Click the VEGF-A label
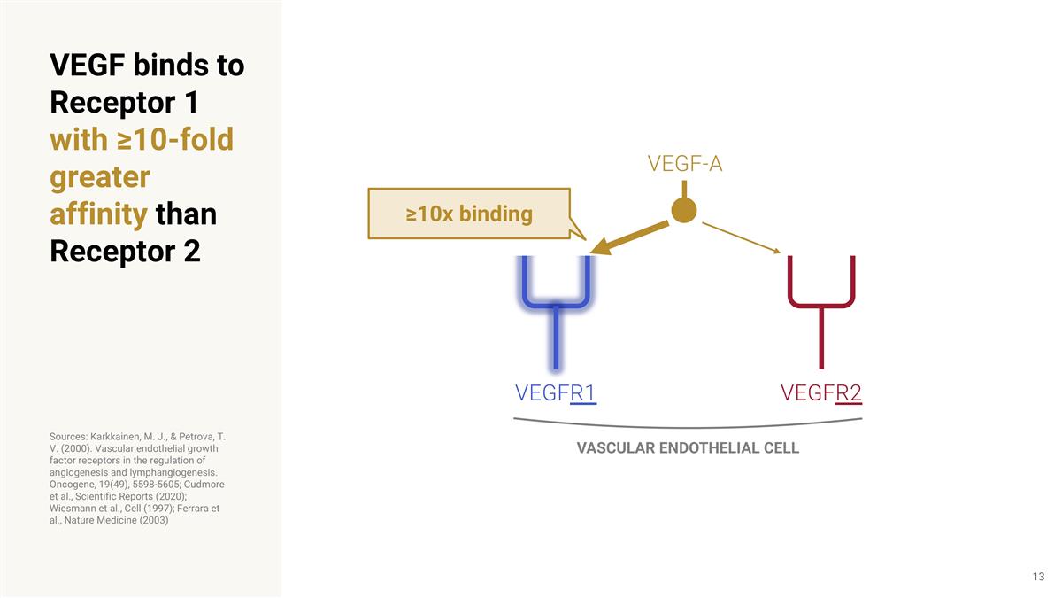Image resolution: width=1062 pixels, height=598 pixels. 684,164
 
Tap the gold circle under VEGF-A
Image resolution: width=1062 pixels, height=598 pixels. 684,211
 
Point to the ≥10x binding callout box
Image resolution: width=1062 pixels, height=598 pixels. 469,214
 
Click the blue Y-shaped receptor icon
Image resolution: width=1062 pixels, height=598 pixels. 556,301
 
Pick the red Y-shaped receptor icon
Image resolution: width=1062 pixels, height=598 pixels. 821,301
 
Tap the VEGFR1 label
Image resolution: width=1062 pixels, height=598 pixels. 555,392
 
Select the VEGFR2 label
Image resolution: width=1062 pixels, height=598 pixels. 820,392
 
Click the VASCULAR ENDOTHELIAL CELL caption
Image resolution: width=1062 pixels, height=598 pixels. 688,448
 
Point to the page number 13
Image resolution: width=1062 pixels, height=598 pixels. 1038,578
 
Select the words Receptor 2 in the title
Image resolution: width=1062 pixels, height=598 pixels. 125,252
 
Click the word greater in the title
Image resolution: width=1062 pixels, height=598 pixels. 99,177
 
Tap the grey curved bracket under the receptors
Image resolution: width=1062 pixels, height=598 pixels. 688,424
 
